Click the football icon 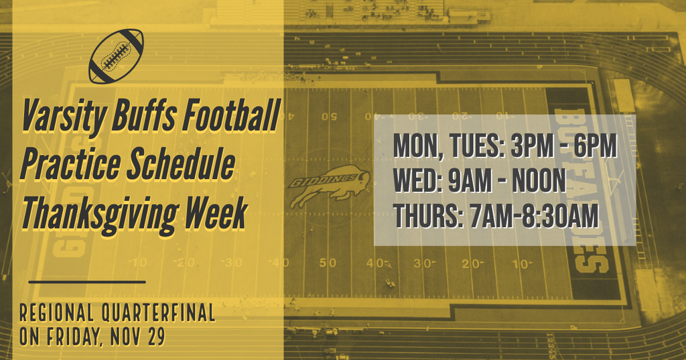point(116,56)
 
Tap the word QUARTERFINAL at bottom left point(158,313)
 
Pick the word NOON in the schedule point(539,180)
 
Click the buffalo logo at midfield point(329,186)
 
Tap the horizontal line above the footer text point(87,282)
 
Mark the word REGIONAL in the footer point(57,313)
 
